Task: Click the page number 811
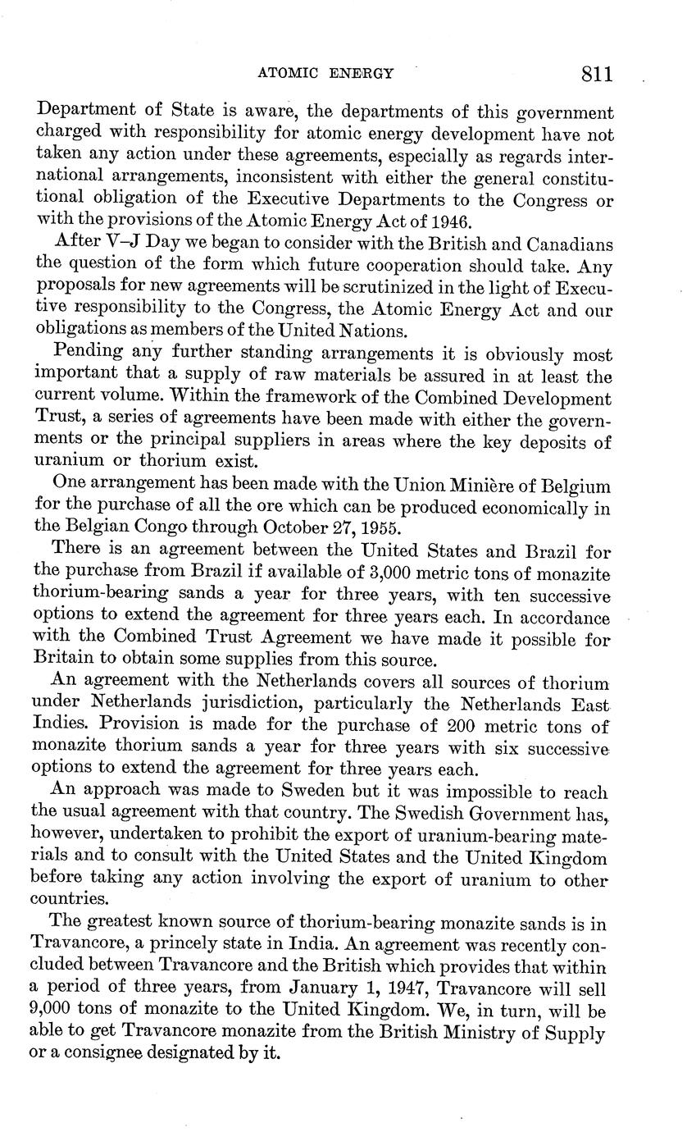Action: tap(597, 74)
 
